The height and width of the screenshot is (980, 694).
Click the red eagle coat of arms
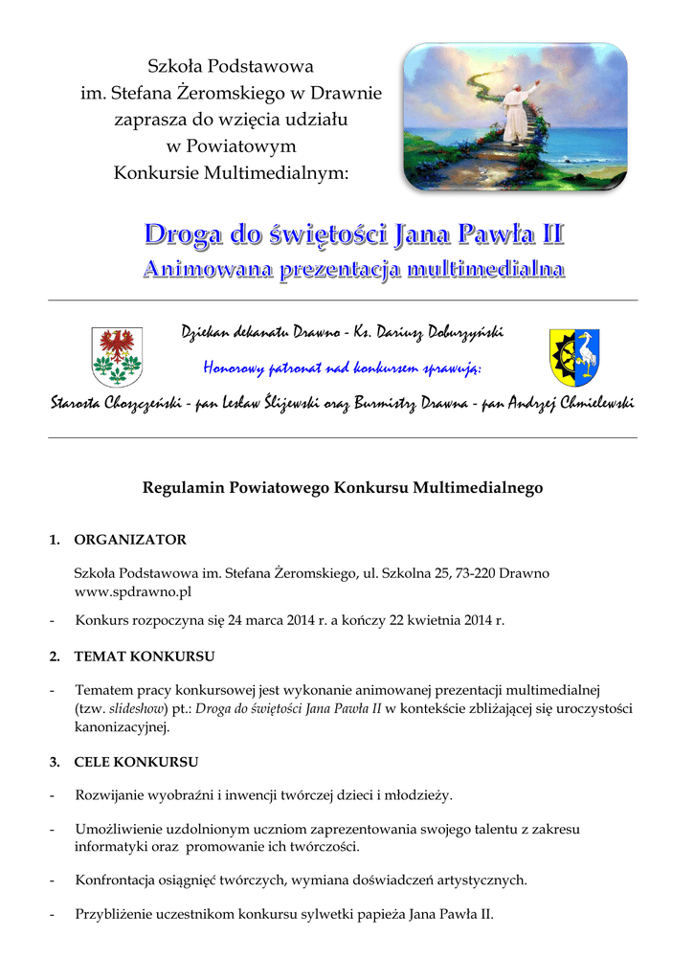coord(116,356)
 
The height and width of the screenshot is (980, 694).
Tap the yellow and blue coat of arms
coord(573,356)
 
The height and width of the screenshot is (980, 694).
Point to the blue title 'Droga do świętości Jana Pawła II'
coord(354,234)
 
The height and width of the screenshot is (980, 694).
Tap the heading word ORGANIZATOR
coord(130,540)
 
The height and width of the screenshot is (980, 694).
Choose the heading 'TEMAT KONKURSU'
coord(145,657)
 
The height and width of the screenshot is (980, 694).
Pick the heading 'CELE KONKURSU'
coord(136,762)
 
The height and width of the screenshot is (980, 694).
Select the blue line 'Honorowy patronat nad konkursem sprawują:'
coord(343,368)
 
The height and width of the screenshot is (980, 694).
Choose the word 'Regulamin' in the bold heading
coord(183,488)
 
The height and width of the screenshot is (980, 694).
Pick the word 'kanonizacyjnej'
coord(121,727)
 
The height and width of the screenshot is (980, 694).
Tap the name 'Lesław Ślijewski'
coord(267,404)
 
